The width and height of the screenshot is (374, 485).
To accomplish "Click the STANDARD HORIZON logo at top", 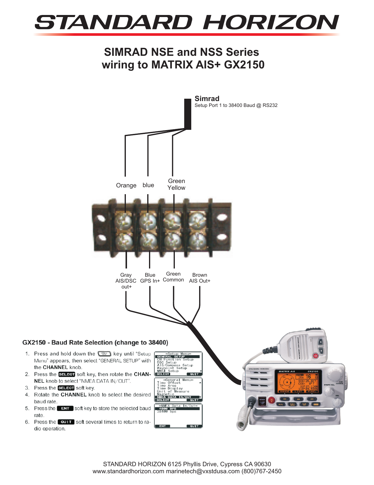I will (x=187, y=23).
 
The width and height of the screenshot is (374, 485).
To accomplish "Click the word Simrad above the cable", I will (x=207, y=99).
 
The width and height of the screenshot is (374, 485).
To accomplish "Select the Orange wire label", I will (x=126, y=185).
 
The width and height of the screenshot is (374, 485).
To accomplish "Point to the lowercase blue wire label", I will (x=148, y=185).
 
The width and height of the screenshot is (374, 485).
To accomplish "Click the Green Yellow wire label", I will (x=176, y=184).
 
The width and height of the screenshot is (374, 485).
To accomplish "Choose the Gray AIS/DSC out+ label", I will (x=126, y=281).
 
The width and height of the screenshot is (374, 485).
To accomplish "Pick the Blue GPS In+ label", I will (x=150, y=278).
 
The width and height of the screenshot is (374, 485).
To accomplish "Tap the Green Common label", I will (x=173, y=277).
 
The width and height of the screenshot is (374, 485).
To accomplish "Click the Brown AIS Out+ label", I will (x=199, y=278).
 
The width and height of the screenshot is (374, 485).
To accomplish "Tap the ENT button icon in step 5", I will (x=65, y=408).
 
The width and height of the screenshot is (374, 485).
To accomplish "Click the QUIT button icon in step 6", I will (x=66, y=422).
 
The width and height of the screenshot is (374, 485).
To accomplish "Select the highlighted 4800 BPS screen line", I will (x=178, y=409).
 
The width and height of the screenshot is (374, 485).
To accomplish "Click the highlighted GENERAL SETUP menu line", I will (x=178, y=357).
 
